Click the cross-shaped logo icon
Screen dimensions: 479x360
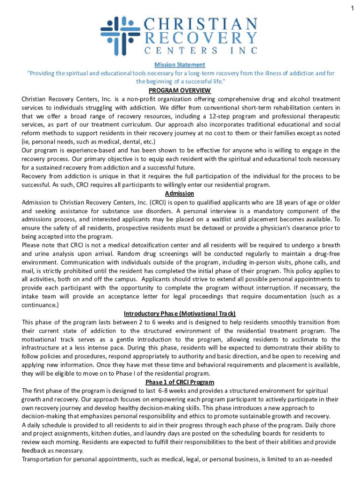[117, 33]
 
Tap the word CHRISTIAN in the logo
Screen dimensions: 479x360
[201, 23]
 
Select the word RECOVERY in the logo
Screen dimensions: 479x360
[201, 38]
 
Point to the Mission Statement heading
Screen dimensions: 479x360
[180, 65]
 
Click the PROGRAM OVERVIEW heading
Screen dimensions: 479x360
[180, 90]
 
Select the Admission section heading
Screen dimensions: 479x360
[180, 194]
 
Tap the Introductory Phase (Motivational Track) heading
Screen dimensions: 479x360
[180, 313]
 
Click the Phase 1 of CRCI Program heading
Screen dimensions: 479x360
[180, 382]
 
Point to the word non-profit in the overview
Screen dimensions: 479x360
[142, 99]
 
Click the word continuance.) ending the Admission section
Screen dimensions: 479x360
[40, 305]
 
